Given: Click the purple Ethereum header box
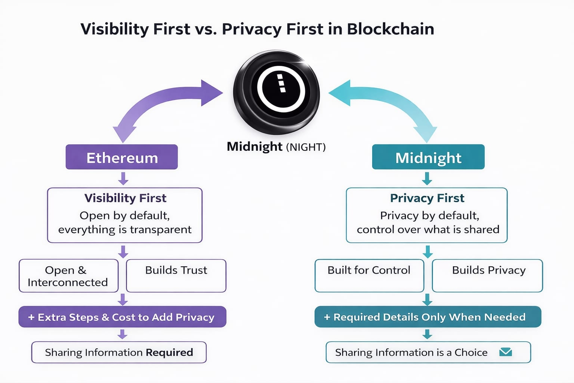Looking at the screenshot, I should click(x=121, y=157).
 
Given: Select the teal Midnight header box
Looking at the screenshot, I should click(x=428, y=157).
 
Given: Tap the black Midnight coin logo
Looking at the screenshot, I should click(x=277, y=92).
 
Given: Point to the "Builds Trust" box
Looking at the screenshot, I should click(x=176, y=275).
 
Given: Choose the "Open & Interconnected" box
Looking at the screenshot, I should click(x=68, y=276).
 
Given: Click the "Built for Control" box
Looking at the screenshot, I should click(x=369, y=275).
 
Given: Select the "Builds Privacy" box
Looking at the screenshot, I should click(x=487, y=275).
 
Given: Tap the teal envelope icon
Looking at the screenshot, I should click(x=506, y=352).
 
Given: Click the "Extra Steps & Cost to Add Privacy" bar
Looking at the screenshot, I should click(x=122, y=317).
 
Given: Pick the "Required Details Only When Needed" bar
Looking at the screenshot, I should click(x=428, y=317).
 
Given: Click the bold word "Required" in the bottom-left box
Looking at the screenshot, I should click(x=169, y=352).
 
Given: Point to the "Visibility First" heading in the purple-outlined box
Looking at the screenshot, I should click(x=125, y=198).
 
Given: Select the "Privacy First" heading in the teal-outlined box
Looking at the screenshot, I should click(x=427, y=198).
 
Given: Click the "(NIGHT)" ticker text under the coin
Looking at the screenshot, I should click(x=306, y=147).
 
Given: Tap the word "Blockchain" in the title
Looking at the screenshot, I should click(x=391, y=29).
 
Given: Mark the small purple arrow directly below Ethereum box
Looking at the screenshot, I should click(x=123, y=178).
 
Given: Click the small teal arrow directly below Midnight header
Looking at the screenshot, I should click(x=427, y=178).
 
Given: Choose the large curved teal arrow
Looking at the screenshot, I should click(x=392, y=101).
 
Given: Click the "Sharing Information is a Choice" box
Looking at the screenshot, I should click(x=428, y=352).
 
